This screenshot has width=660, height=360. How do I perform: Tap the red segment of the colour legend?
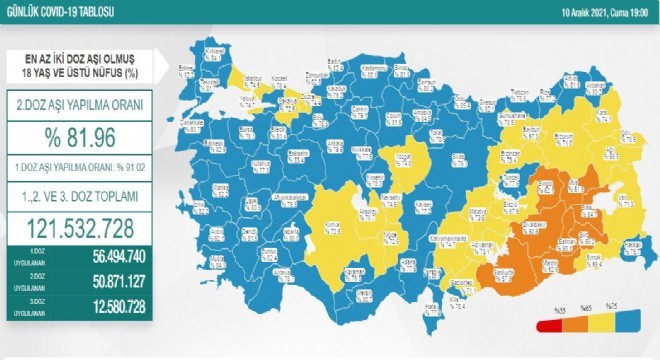[546, 325]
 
